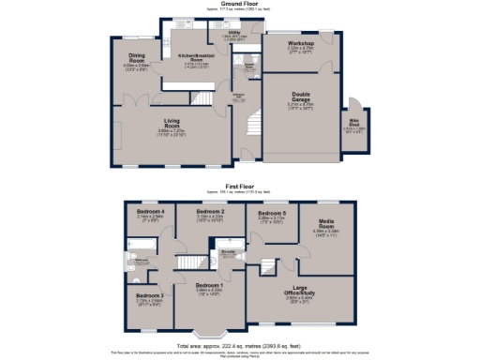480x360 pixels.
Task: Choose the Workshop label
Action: tap(301, 43)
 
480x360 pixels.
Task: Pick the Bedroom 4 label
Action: tap(150, 213)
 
